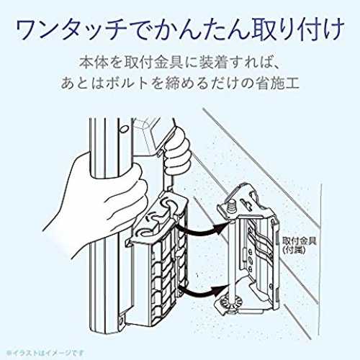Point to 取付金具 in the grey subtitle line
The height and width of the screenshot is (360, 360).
pyautogui.click(x=153, y=63)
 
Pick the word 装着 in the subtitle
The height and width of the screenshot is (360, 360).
pyautogui.click(x=214, y=63)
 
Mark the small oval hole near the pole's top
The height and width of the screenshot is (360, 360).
pyautogui.click(x=123, y=130)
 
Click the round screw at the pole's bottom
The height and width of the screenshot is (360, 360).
pyautogui.click(x=121, y=318)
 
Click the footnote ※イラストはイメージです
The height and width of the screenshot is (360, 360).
pyautogui.click(x=45, y=353)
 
